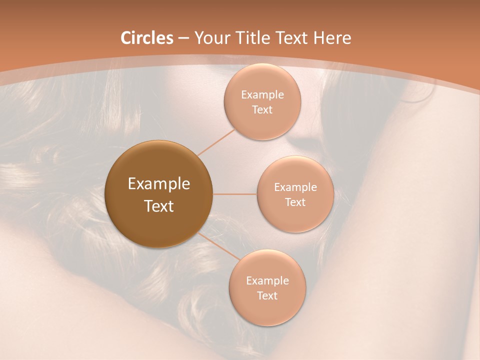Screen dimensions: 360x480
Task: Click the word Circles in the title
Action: click(x=147, y=38)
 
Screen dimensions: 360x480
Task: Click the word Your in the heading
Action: click(x=210, y=38)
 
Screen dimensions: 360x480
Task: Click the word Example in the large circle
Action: click(x=159, y=184)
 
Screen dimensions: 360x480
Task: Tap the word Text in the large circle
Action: click(x=159, y=206)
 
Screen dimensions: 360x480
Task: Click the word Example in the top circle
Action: click(x=262, y=95)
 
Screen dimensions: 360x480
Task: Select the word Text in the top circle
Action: click(x=262, y=109)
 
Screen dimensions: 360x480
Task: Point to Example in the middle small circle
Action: click(x=295, y=187)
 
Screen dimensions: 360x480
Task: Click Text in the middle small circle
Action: click(x=295, y=202)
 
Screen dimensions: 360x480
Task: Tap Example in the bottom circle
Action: click(x=267, y=281)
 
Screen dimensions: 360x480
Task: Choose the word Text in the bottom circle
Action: click(x=267, y=295)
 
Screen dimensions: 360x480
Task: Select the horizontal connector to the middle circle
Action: click(x=235, y=194)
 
